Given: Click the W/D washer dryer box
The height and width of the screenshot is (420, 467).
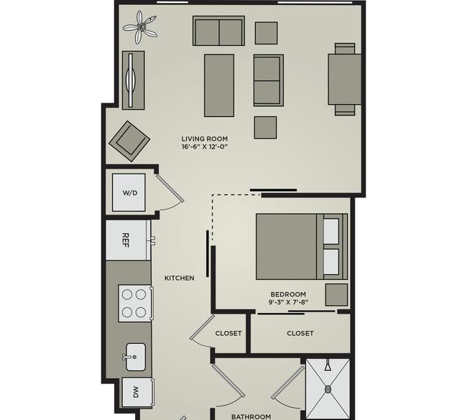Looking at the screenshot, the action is pyautogui.click(x=129, y=192).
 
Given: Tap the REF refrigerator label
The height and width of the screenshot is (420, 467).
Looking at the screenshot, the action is pyautogui.click(x=126, y=241).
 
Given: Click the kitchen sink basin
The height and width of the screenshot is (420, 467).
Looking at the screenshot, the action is pyautogui.click(x=136, y=357).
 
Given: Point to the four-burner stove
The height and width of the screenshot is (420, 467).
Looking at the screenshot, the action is pyautogui.click(x=136, y=303).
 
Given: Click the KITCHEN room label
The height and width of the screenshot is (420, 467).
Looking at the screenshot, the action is pyautogui.click(x=180, y=278).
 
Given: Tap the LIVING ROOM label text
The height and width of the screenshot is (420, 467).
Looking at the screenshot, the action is pyautogui.click(x=205, y=139).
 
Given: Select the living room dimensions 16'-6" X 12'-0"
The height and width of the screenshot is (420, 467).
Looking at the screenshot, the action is pyautogui.click(x=205, y=146).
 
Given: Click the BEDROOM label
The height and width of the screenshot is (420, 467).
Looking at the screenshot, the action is pyautogui.click(x=288, y=294).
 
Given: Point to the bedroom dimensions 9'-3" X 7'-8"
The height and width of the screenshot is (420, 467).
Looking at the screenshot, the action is pyautogui.click(x=288, y=302).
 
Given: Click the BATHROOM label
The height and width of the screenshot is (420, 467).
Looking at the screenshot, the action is pyautogui.click(x=251, y=416).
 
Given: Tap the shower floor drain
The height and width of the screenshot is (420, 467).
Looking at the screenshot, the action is pyautogui.click(x=328, y=388).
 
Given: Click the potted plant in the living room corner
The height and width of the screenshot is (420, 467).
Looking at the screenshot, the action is pyautogui.click(x=140, y=27).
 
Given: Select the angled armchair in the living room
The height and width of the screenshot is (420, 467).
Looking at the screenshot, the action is pyautogui.click(x=129, y=141).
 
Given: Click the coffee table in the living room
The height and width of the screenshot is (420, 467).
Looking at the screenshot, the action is pyautogui.click(x=219, y=85).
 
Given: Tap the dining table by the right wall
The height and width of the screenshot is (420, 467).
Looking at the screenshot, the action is pyautogui.click(x=345, y=79).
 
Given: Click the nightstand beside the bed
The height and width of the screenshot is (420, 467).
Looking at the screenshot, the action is pyautogui.click(x=336, y=294).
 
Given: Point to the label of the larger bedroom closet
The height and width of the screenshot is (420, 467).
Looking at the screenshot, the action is pyautogui.click(x=300, y=333).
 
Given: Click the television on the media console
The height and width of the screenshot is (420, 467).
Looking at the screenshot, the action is pyautogui.click(x=131, y=80).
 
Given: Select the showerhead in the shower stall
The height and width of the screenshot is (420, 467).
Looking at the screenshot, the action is pyautogui.click(x=328, y=365).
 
